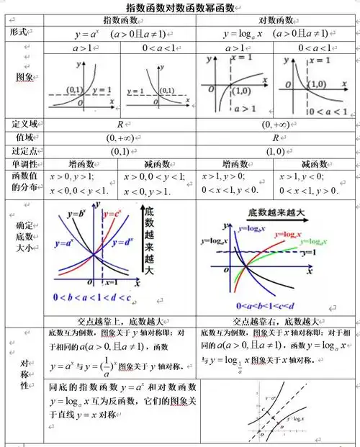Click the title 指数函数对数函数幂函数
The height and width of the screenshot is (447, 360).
tap(180, 7)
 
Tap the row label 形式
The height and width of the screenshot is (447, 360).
tap(19, 32)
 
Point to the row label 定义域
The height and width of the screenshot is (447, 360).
tap(24, 124)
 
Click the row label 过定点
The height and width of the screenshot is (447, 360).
tap(24, 151)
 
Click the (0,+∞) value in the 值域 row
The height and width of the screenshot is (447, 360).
tap(120, 137)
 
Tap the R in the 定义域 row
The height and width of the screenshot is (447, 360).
tap(120, 124)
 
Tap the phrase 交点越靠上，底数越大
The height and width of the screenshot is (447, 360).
tap(120, 321)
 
